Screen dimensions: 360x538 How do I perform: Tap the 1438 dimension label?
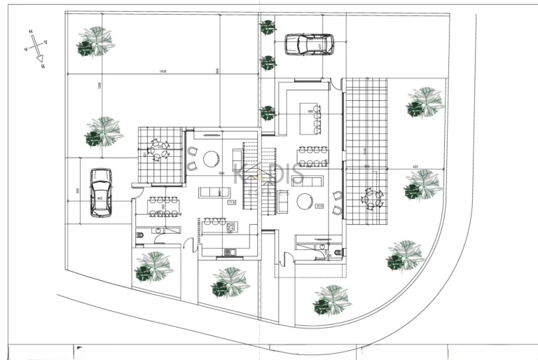163,71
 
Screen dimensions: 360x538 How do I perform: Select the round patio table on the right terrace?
371,199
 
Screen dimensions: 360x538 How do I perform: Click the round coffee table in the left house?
212,159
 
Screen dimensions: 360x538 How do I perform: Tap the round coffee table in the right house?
305,202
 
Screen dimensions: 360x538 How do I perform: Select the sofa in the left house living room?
213,192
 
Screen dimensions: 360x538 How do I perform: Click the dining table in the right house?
312,155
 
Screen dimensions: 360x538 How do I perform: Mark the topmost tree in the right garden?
425,103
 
